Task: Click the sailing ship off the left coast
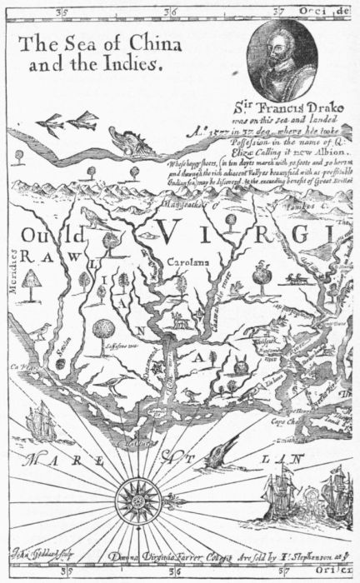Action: pos(42,421)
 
